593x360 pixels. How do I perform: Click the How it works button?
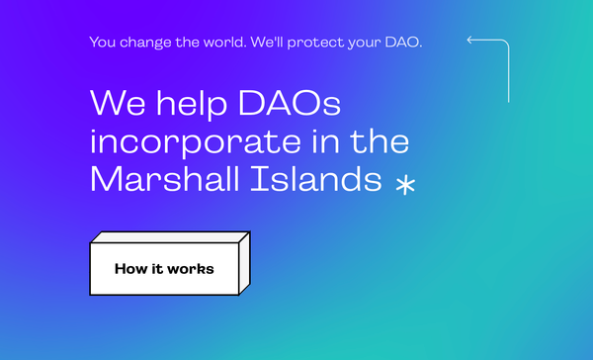pos(164,268)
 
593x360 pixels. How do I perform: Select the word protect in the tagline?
pos(320,43)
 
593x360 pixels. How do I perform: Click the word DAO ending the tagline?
pos(403,43)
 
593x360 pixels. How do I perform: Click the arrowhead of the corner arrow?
pos(470,42)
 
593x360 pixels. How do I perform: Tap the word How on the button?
pos(129,268)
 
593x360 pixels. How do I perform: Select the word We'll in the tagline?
pos(270,43)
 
